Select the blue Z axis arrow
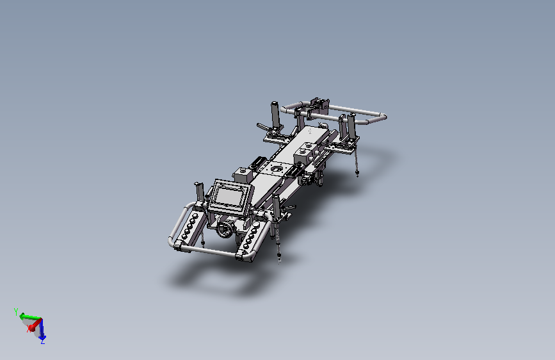point(42,329)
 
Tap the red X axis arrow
point(35,324)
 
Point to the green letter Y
point(16,312)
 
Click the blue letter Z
point(43,341)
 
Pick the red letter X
point(29,328)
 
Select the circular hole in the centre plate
point(275,169)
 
